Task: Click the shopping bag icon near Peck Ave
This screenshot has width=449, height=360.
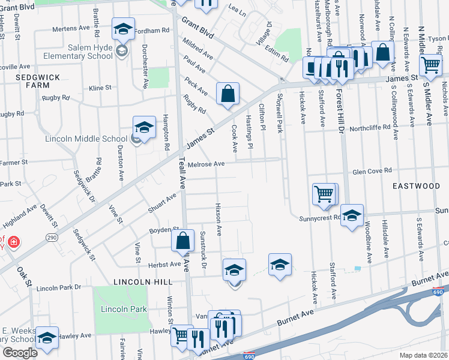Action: (228, 94)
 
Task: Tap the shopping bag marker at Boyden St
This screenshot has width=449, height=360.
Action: (183, 241)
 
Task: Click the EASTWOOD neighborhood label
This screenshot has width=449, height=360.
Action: (416, 186)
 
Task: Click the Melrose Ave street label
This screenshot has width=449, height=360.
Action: (206, 164)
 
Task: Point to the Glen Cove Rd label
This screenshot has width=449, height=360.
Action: (372, 170)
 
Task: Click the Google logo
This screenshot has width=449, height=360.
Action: (20, 352)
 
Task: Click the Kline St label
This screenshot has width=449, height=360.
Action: (100, 88)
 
